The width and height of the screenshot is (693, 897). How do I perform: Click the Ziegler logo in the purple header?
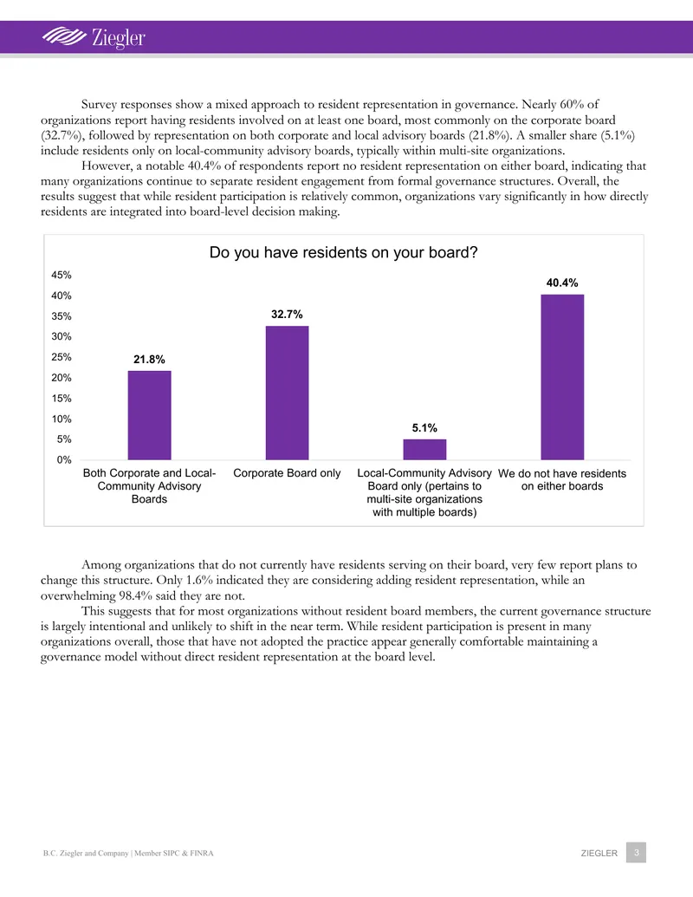pos(94,37)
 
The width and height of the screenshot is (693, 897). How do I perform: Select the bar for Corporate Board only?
pos(287,393)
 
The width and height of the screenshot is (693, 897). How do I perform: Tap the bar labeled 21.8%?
pos(149,415)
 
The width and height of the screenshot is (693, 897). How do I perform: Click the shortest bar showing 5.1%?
pos(424,449)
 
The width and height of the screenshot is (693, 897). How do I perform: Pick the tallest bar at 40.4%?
pos(562,377)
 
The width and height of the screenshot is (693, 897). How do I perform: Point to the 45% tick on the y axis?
pos(62,275)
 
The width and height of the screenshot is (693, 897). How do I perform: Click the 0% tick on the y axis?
pos(64,460)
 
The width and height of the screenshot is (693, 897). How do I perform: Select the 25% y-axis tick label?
pos(62,357)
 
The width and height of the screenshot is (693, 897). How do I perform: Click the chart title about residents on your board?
pos(344,252)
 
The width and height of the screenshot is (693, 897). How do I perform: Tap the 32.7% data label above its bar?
pos(287,314)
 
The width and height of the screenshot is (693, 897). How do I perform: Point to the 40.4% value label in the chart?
pos(562,283)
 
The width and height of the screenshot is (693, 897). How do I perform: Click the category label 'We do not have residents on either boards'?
pos(562,480)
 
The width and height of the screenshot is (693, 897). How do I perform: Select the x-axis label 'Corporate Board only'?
pos(287,473)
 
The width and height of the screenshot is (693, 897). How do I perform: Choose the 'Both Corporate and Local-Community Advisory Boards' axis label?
pos(149,485)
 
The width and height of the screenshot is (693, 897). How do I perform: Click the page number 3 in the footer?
pos(636,853)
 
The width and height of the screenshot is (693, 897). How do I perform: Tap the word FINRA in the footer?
pos(202,853)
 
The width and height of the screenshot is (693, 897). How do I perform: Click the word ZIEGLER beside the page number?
pos(599,853)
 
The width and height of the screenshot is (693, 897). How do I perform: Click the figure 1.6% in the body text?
pos(199,580)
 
